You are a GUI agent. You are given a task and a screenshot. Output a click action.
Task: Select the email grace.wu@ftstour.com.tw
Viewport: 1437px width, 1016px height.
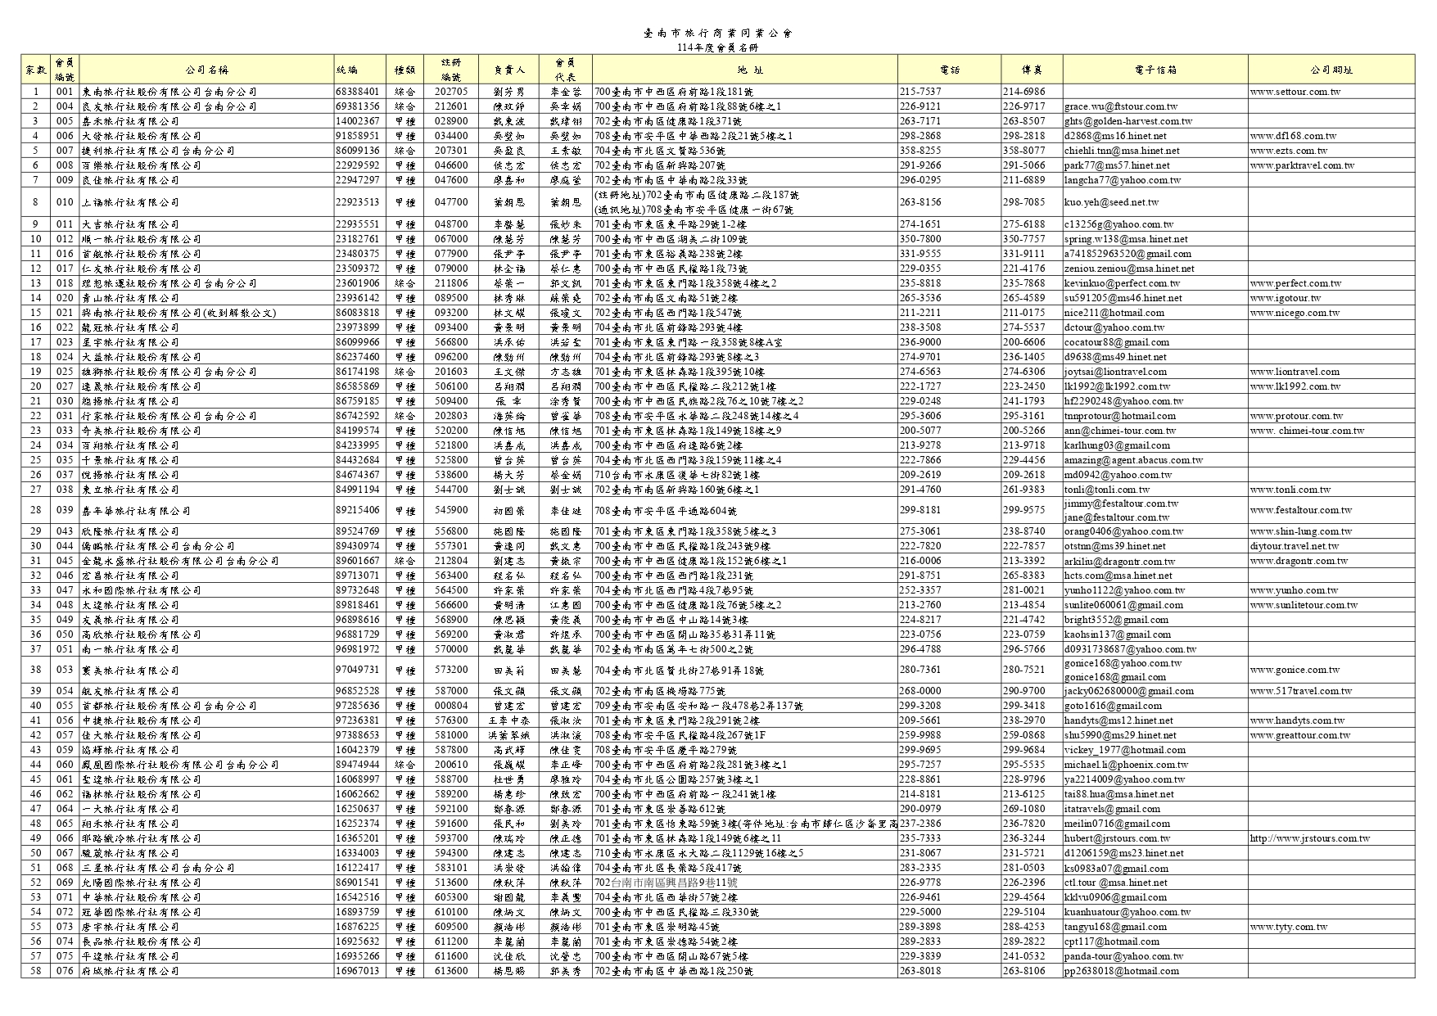pyautogui.click(x=1121, y=106)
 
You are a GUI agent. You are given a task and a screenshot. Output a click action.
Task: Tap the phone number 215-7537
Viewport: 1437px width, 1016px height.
pyautogui.click(x=920, y=92)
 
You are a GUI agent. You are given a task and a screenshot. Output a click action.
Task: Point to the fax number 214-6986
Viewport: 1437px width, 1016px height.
pyautogui.click(x=1024, y=92)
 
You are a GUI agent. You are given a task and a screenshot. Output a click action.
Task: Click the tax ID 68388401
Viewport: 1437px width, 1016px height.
pyautogui.click(x=357, y=92)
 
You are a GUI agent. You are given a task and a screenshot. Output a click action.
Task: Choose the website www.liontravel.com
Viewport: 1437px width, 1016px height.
pyautogui.click(x=1295, y=372)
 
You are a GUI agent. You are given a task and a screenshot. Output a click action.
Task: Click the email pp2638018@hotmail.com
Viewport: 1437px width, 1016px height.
pyautogui.click(x=1121, y=971)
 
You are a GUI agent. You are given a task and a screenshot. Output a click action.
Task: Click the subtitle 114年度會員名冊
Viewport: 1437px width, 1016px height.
pyautogui.click(x=718, y=47)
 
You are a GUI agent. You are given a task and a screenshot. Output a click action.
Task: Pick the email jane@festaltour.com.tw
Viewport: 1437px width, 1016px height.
pyautogui.click(x=1117, y=517)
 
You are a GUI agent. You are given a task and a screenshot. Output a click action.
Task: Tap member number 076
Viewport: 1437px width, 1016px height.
pyautogui.click(x=65, y=971)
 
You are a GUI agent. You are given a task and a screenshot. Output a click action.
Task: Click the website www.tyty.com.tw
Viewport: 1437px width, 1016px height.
pyautogui.click(x=1288, y=927)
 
